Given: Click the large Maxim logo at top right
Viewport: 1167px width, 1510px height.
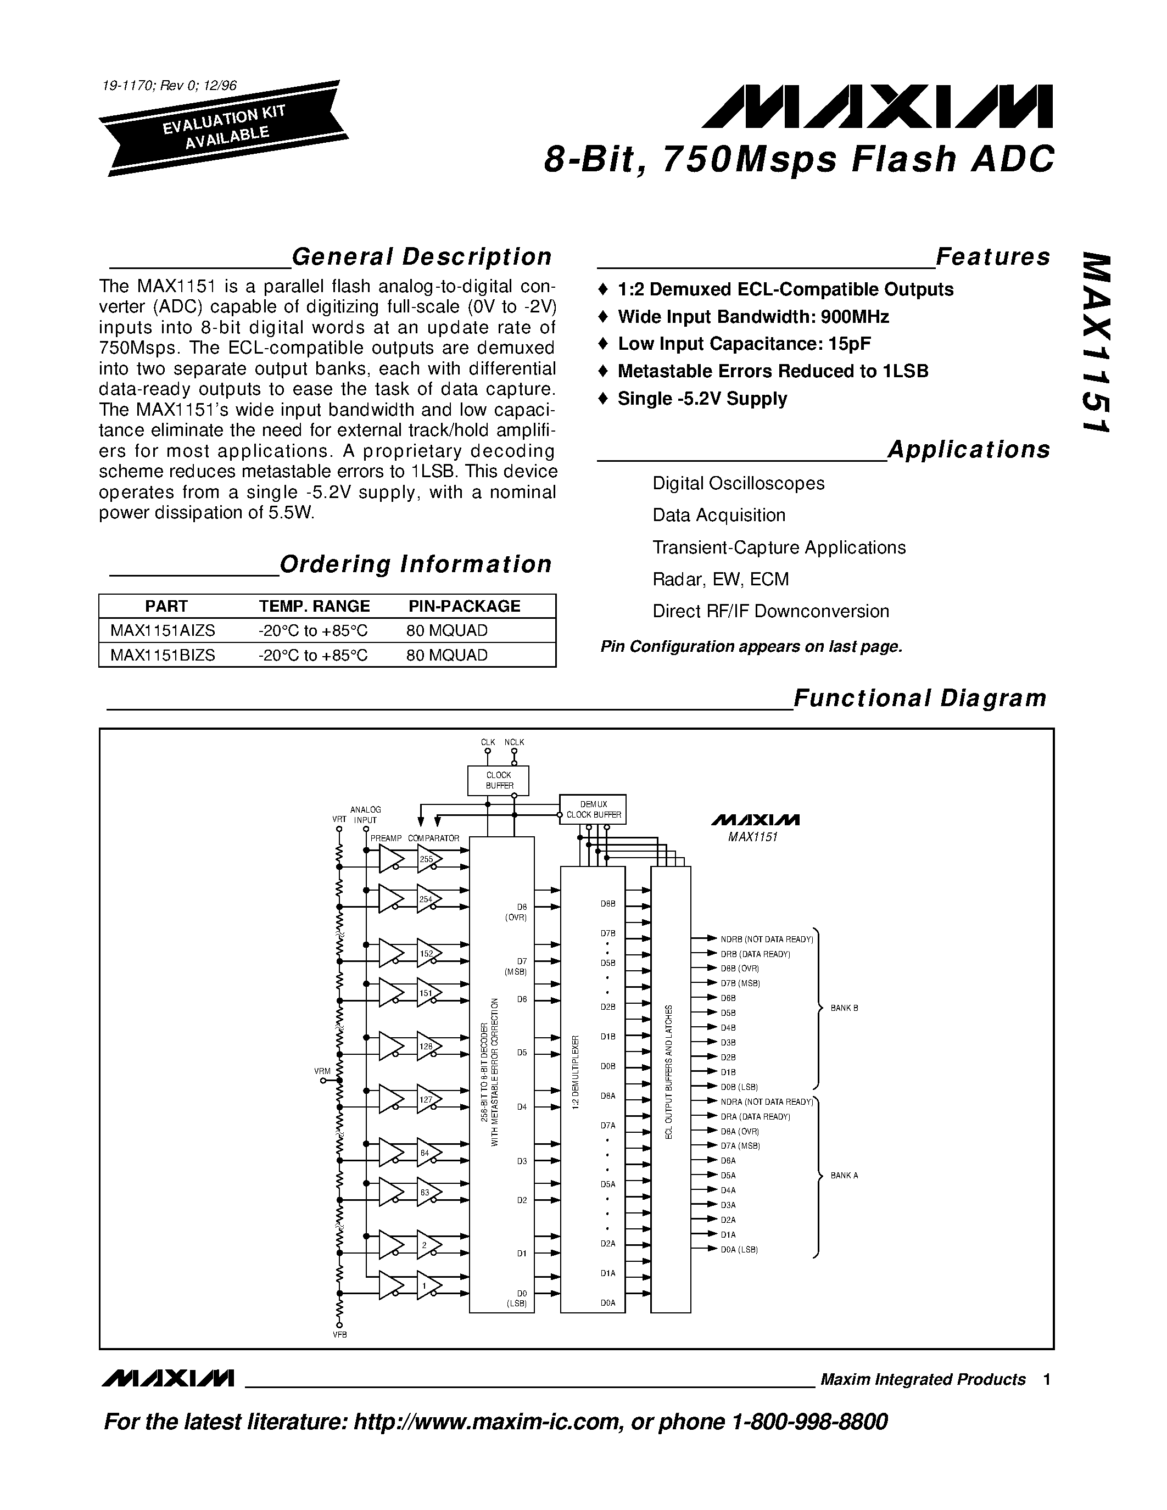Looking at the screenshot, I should (876, 107).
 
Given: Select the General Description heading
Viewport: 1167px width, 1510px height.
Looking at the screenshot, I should (421, 257).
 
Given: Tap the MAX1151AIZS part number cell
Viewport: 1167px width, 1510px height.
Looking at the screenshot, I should (163, 630).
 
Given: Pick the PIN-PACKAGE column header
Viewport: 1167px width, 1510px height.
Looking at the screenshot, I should (464, 606).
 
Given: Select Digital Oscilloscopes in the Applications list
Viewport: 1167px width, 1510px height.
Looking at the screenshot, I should (738, 483).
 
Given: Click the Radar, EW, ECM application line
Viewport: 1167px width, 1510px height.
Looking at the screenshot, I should (721, 579).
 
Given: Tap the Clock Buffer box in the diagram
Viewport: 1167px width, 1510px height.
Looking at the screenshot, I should (499, 781).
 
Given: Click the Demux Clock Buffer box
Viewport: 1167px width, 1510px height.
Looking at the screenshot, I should (593, 809).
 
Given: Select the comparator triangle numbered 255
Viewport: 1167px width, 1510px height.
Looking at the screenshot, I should (429, 860).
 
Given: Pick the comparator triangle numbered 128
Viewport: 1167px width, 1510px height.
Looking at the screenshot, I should (429, 1047).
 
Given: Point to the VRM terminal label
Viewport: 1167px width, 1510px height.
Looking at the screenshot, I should (323, 1072).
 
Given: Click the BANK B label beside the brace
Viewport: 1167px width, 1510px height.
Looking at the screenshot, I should (844, 1009).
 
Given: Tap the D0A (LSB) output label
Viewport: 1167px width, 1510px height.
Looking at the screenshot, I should (739, 1250).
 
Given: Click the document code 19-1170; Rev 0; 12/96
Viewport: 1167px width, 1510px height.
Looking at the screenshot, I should (169, 86).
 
